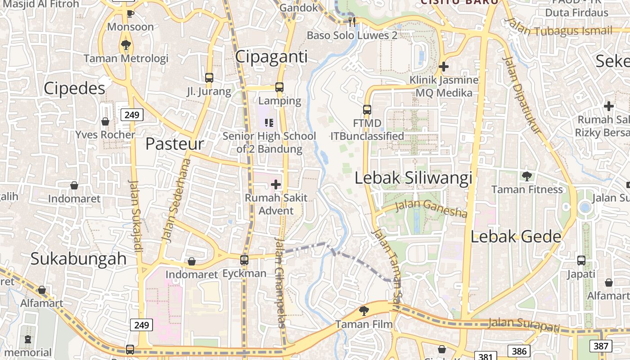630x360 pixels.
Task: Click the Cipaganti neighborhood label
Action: click(x=271, y=57)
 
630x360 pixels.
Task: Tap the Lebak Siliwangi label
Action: click(x=413, y=178)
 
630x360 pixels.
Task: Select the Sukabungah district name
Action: click(x=79, y=259)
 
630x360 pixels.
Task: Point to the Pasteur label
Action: click(x=175, y=144)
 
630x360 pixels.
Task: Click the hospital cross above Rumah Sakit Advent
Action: click(x=276, y=184)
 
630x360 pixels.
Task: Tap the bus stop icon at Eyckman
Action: click(x=244, y=260)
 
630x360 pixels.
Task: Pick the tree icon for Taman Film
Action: click(x=364, y=310)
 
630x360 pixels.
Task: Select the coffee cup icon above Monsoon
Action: click(x=130, y=13)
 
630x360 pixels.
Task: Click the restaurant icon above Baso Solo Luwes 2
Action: click(x=352, y=21)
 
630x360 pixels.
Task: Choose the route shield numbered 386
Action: click(x=519, y=351)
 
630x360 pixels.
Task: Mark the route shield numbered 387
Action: click(x=600, y=346)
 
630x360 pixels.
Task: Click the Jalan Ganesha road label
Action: click(x=431, y=208)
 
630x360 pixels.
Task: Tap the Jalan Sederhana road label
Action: click(x=176, y=200)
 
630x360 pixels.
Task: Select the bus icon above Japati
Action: click(x=581, y=261)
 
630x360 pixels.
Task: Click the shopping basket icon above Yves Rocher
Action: click(x=105, y=121)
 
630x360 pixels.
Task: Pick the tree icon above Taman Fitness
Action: click(x=527, y=176)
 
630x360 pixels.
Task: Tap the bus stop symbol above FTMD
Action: click(x=367, y=109)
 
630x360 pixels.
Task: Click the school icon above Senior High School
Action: click(x=269, y=122)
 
